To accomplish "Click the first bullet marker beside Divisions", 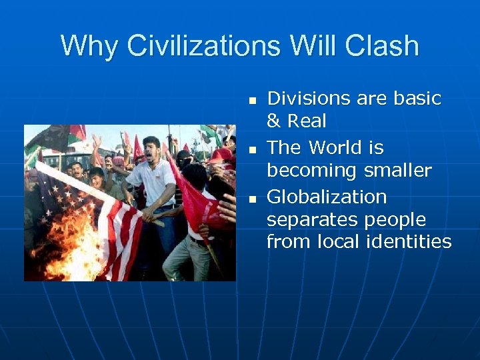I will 253,101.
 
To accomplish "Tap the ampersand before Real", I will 273,122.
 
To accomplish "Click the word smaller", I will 399,171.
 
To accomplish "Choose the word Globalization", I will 327,197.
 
